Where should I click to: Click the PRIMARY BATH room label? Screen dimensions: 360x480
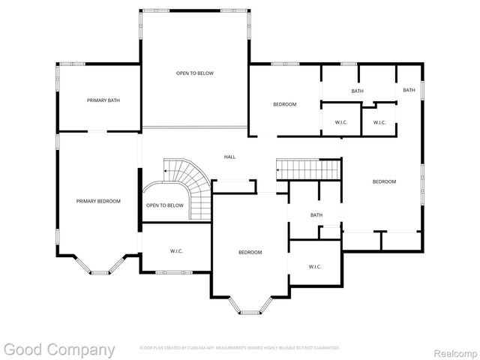(x=103, y=100)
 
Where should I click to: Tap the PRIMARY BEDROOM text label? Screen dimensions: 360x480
(x=98, y=201)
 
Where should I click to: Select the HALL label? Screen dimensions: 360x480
(x=229, y=157)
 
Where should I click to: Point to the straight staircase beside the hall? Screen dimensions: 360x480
(x=308, y=169)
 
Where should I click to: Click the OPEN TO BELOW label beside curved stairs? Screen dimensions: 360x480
(x=164, y=205)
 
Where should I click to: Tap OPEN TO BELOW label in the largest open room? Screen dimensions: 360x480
(x=195, y=73)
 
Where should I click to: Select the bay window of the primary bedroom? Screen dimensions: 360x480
(x=100, y=266)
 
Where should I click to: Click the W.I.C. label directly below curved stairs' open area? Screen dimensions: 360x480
(x=177, y=251)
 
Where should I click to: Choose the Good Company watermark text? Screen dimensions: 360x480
(x=59, y=349)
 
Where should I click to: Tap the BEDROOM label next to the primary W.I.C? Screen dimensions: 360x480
(x=250, y=253)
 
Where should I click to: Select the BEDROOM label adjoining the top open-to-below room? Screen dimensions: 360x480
(x=284, y=104)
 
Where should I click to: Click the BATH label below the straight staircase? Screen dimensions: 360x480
(x=316, y=215)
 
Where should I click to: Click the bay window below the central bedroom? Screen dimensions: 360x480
(x=250, y=305)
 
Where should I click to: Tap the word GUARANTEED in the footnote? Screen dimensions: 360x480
(x=327, y=348)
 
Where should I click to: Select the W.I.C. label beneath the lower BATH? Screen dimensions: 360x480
(x=315, y=266)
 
